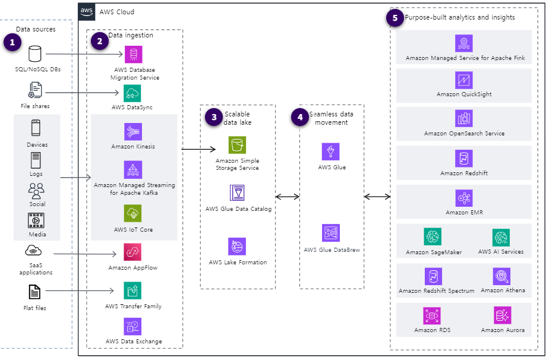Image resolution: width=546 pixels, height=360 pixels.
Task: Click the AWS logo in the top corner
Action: pyautogui.click(x=87, y=12)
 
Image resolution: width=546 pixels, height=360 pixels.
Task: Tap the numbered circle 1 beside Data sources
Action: pyautogui.click(x=12, y=42)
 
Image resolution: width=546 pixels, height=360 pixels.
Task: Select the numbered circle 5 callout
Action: pyautogui.click(x=395, y=18)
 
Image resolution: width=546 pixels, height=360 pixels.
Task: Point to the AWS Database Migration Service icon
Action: pyautogui.click(x=133, y=55)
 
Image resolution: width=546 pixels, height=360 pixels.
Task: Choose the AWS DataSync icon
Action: pyautogui.click(x=132, y=93)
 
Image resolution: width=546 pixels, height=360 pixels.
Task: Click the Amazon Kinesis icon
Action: pyautogui.click(x=133, y=132)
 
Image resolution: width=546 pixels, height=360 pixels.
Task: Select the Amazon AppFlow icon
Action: pyautogui.click(x=132, y=252)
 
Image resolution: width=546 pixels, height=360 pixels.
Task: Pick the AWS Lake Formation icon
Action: pyautogui.click(x=237, y=247)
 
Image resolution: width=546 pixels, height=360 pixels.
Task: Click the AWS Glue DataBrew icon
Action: pyautogui.click(x=330, y=233)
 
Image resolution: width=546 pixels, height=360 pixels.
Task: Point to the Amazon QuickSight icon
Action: pyautogui.click(x=463, y=80)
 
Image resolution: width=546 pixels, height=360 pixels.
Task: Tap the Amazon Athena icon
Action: pyautogui.click(x=501, y=276)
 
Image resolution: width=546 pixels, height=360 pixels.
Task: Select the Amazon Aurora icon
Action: pyautogui.click(x=502, y=315)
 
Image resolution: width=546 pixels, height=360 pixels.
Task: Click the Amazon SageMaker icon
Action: pyautogui.click(x=433, y=237)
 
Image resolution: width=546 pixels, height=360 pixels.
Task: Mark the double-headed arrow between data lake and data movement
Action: pyautogui.click(x=287, y=197)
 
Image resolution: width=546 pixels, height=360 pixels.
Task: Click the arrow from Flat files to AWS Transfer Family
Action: pyautogui.click(x=80, y=290)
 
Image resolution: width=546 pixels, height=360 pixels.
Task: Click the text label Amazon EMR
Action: pyautogui.click(x=463, y=212)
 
